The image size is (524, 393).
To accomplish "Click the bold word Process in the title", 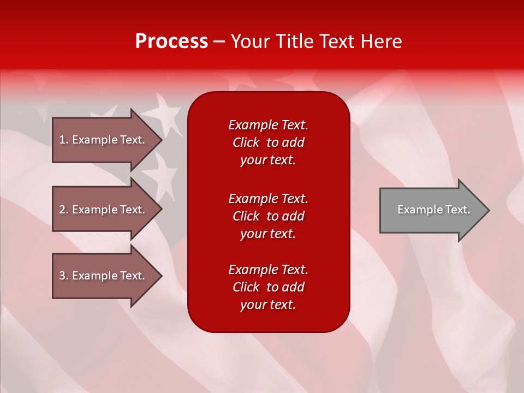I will click(x=171, y=41).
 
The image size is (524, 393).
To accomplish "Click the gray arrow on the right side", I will click(x=431, y=210).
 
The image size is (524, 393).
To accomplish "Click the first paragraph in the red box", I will click(x=268, y=142).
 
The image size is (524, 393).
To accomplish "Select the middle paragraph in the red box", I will click(x=268, y=216).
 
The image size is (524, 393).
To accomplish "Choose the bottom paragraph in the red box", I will click(x=268, y=287).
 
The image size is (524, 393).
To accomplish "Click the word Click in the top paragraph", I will click(x=246, y=142).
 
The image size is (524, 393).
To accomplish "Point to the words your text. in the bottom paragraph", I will click(x=268, y=305).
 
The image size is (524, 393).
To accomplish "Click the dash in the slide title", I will click(x=219, y=41).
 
